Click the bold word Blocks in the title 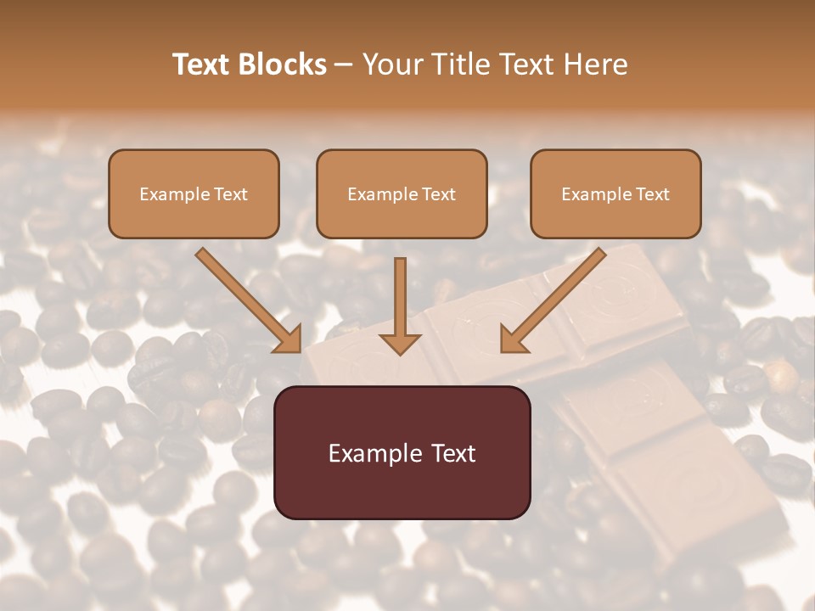282,64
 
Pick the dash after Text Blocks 344,65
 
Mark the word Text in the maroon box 453,454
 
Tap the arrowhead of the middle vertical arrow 400,343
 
